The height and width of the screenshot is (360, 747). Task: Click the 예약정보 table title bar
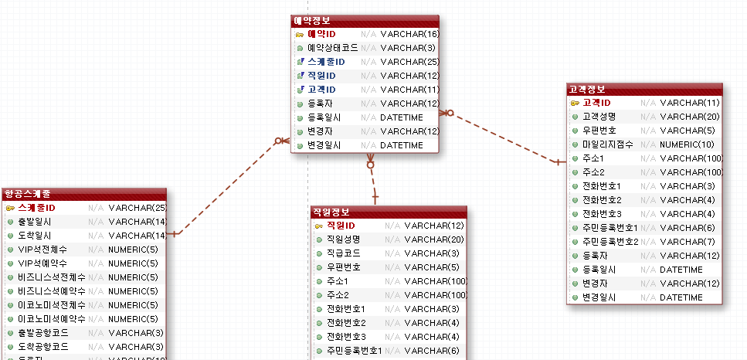(365, 21)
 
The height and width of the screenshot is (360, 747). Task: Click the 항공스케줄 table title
(83, 194)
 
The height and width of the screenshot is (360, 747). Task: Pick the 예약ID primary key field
(321, 34)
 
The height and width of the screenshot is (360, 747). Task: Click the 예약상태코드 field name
(332, 48)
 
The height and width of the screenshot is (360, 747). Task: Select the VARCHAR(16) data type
(409, 34)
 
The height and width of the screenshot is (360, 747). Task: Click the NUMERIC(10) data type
(687, 144)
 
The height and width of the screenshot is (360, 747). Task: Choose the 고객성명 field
(599, 117)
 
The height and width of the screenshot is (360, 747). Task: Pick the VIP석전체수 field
(42, 250)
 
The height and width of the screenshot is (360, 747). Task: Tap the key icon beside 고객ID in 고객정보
(575, 103)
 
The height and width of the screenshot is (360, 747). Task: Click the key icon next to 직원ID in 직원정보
(319, 226)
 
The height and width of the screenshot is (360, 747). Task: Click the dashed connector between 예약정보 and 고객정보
(502, 138)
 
